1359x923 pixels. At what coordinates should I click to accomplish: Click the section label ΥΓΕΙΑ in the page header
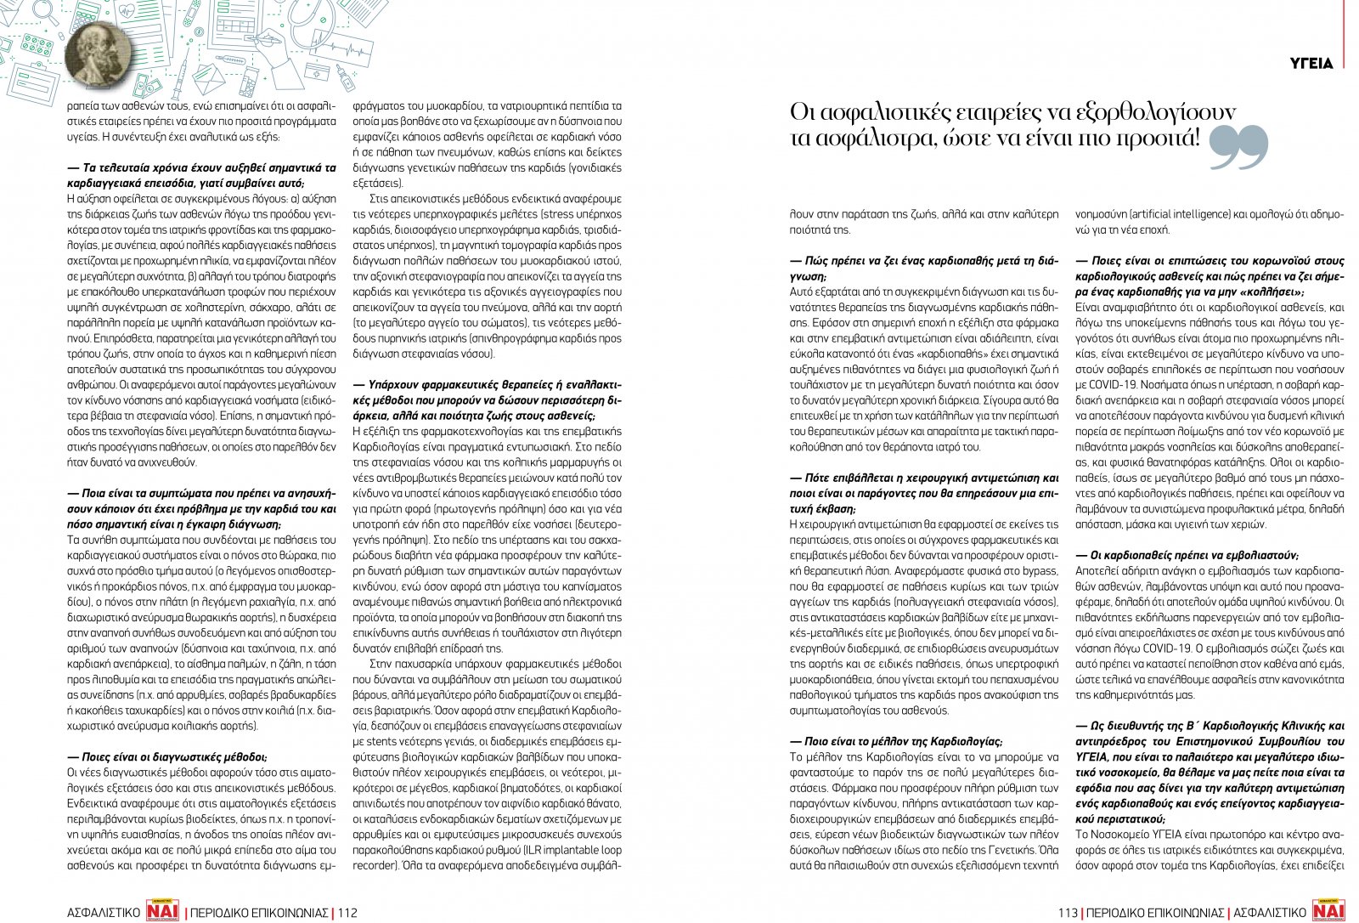pyautogui.click(x=1311, y=64)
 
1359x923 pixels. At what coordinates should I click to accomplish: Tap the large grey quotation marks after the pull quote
pyautogui.click(x=1238, y=145)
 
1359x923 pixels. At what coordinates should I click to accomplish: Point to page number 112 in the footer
pyautogui.click(x=347, y=913)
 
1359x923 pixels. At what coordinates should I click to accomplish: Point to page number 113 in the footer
pyautogui.click(x=1068, y=913)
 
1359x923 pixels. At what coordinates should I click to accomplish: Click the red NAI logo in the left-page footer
pyautogui.click(x=162, y=911)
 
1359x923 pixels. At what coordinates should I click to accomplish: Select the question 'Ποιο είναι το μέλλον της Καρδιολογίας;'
pyautogui.click(x=896, y=741)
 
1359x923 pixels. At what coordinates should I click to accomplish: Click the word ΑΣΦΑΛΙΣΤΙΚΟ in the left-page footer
pyautogui.click(x=104, y=913)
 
